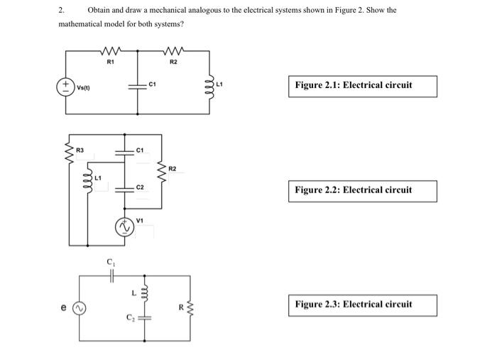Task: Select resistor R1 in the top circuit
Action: point(110,51)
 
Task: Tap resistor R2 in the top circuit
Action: point(174,51)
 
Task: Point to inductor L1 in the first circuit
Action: point(210,85)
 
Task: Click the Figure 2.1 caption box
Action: point(363,85)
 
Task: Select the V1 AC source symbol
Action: point(126,225)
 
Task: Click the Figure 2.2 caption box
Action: point(363,190)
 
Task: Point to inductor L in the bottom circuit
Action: point(145,293)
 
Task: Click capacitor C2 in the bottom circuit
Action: point(145,318)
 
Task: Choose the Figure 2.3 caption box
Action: point(363,305)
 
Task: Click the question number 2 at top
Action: point(62,11)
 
